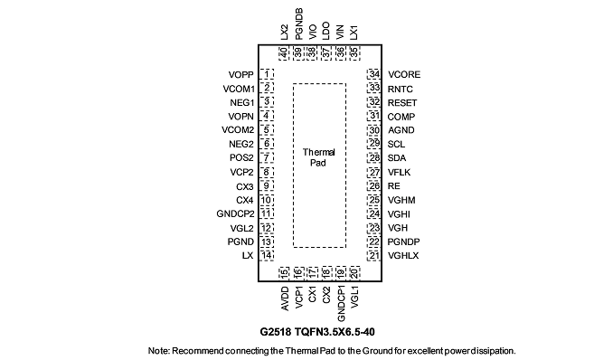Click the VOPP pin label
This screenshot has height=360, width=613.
[240, 75]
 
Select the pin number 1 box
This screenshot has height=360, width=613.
[267, 74]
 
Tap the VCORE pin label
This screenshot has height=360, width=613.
[404, 75]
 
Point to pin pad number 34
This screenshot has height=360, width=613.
[374, 74]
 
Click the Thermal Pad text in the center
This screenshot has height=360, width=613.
[318, 157]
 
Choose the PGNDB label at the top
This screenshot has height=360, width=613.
[299, 24]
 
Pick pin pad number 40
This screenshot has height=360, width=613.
[283, 52]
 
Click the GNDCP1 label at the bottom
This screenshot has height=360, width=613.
[341, 304]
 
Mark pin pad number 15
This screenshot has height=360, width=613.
[283, 273]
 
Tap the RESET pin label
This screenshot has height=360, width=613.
[402, 103]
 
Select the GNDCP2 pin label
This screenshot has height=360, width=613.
[235, 214]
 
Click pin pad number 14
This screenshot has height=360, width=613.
[267, 255]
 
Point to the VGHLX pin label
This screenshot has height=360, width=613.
[403, 256]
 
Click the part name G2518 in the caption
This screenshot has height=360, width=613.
[276, 332]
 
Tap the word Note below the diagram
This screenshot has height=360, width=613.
[158, 351]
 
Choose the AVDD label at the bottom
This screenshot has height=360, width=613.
[285, 299]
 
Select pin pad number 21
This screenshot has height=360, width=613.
[374, 255]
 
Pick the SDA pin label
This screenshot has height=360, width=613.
[397, 158]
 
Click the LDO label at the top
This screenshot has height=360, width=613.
[325, 31]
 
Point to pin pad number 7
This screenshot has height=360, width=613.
[267, 157]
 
